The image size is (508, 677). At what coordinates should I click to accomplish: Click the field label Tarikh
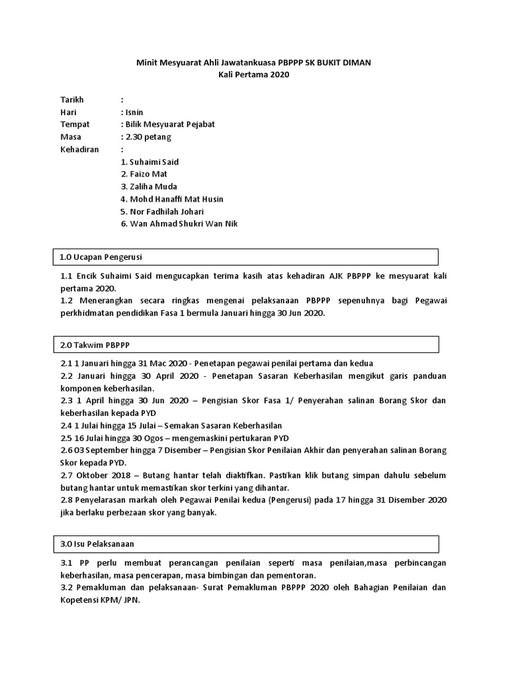(x=72, y=100)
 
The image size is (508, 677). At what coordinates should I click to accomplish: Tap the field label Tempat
(x=75, y=125)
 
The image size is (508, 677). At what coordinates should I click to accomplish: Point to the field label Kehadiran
(x=79, y=149)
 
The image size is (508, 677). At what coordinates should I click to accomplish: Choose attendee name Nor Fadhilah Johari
(x=166, y=212)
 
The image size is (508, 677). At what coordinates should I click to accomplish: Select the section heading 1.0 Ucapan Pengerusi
(x=97, y=257)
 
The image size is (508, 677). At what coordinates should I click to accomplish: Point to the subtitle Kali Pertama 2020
(x=254, y=75)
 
